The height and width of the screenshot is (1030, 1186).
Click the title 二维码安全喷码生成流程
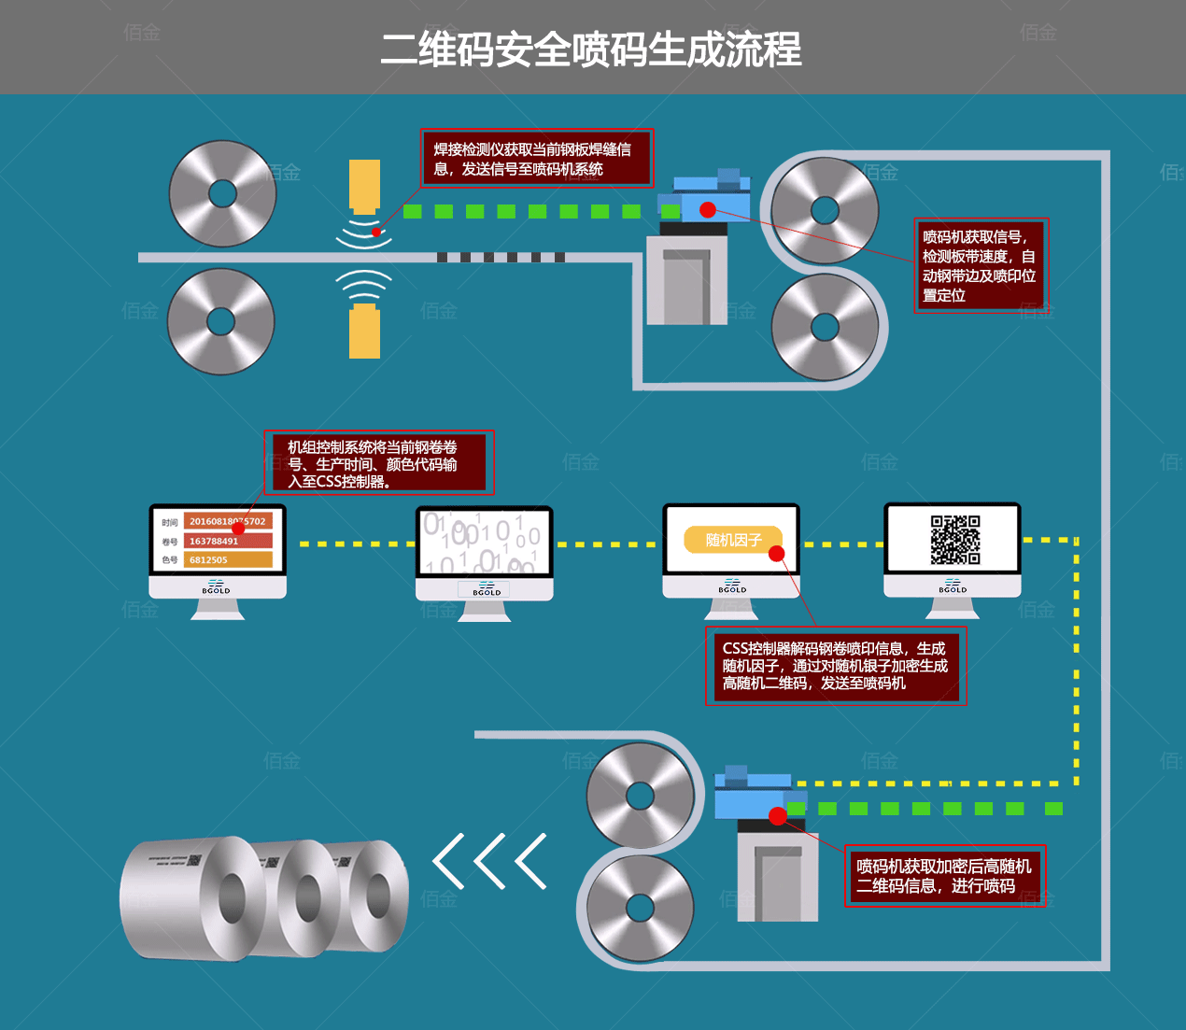pyautogui.click(x=591, y=49)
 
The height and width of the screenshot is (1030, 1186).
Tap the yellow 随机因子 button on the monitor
pyautogui.click(x=733, y=540)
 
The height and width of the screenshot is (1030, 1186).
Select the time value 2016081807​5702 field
pyautogui.click(x=228, y=521)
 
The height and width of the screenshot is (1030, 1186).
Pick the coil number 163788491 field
pyautogui.click(x=228, y=541)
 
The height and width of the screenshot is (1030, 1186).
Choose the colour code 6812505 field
pyautogui.click(x=228, y=559)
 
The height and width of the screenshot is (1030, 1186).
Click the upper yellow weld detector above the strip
pyautogui.click(x=364, y=186)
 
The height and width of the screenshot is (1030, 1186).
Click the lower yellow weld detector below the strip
pyautogui.click(x=364, y=332)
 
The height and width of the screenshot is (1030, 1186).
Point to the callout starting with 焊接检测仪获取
pyautogui.click(x=536, y=159)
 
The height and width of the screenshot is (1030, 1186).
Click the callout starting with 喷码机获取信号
pyautogui.click(x=980, y=265)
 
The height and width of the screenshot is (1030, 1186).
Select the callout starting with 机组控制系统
pyautogui.click(x=378, y=463)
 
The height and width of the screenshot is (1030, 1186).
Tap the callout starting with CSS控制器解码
pyautogui.click(x=835, y=666)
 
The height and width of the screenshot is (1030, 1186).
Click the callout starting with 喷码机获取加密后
pyautogui.click(x=944, y=876)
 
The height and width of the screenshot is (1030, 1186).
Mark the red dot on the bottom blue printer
pyautogui.click(x=777, y=816)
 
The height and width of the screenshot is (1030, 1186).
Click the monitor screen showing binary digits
pyautogui.click(x=484, y=542)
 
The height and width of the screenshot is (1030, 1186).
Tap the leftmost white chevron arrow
pyautogui.click(x=449, y=860)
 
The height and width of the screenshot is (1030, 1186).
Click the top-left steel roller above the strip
pyautogui.click(x=222, y=193)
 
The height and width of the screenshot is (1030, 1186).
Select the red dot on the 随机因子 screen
pyautogui.click(x=776, y=554)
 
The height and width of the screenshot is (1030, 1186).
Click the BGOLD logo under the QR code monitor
pyautogui.click(x=953, y=586)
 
